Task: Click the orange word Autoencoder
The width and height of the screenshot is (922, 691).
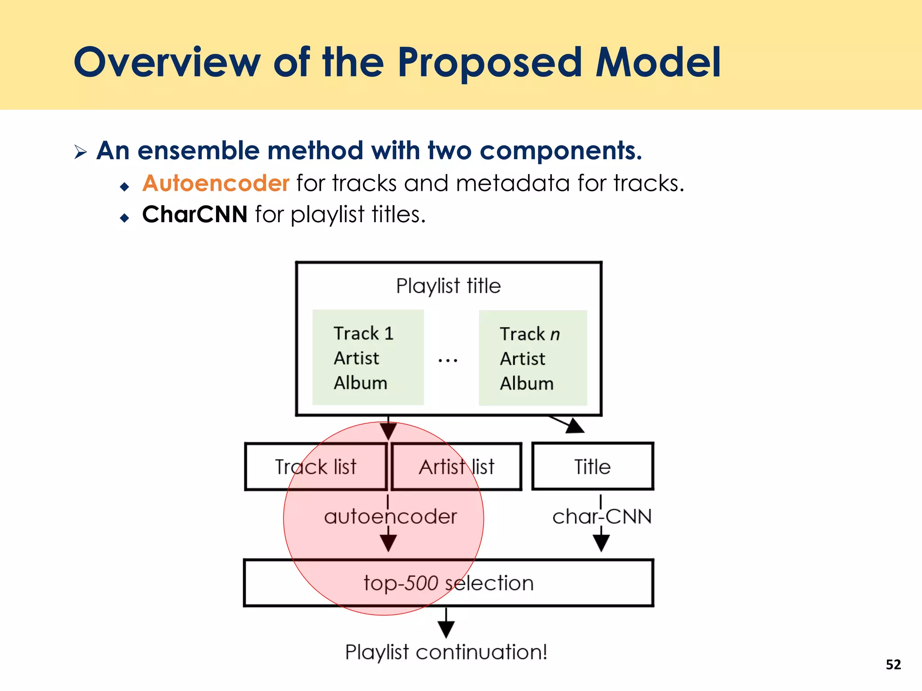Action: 216,184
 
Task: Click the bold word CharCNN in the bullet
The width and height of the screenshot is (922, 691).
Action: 194,214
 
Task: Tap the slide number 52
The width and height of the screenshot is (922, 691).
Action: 893,664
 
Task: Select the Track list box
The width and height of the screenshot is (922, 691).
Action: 316,467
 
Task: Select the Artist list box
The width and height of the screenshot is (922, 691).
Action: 456,467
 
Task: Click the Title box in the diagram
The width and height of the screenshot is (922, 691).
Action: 592,467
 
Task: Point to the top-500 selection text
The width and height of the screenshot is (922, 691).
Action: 448,583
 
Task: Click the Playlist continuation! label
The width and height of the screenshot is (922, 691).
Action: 446,652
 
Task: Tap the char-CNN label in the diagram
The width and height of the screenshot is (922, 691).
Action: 601,516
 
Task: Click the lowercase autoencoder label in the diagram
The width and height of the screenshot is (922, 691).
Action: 390,516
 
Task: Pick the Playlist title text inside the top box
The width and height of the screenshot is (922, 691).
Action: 448,286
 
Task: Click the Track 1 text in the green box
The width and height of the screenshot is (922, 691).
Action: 363,334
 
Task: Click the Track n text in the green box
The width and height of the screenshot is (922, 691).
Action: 529,334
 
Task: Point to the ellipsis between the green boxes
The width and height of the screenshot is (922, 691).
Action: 448,360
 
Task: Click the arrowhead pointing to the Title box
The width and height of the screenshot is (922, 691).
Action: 574,426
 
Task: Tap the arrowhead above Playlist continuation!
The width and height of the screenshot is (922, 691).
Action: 446,629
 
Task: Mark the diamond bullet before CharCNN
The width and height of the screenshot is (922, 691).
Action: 125,218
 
